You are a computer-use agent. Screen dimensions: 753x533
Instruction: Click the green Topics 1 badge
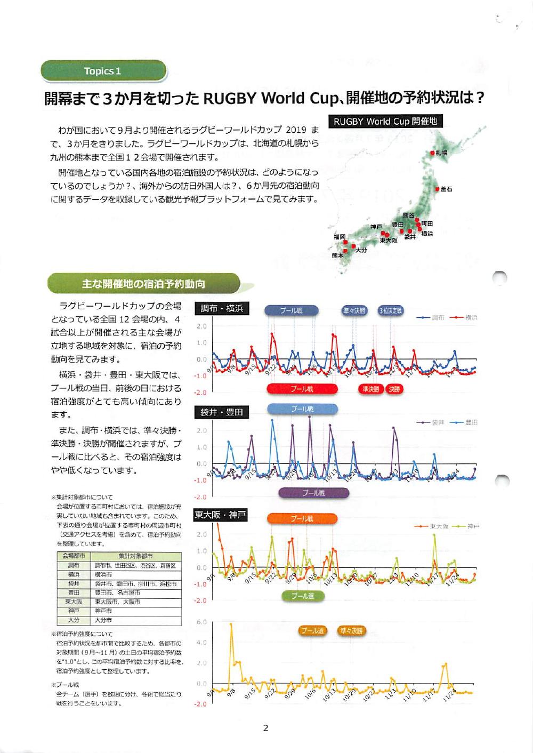coord(103,71)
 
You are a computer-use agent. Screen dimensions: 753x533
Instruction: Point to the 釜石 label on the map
coord(447,190)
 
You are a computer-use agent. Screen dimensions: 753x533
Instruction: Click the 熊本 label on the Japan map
coord(337,255)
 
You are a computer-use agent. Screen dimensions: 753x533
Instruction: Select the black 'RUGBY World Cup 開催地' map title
coord(385,122)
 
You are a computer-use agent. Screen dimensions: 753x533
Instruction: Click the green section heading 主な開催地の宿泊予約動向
coord(143,284)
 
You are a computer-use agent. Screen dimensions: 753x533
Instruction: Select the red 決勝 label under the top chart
coord(394,389)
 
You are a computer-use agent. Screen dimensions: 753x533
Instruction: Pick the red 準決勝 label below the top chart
coord(370,389)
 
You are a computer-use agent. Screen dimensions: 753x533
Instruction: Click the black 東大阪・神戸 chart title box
coord(220,515)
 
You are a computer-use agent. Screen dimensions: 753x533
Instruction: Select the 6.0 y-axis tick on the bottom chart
coord(201,622)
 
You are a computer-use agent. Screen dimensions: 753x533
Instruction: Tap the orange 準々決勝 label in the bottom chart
coord(352,631)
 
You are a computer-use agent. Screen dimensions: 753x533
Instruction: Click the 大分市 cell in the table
coord(104,620)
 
